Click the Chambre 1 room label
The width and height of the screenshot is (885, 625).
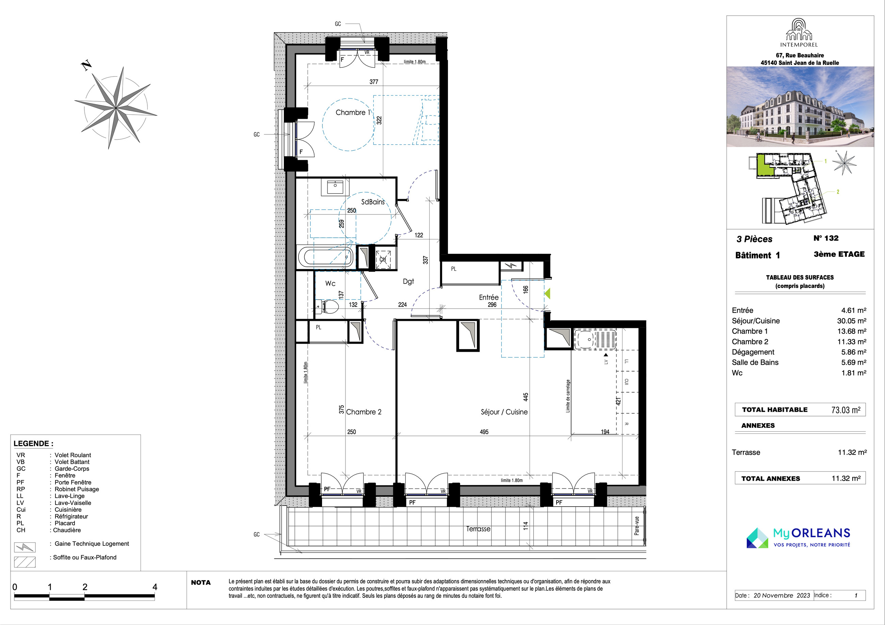click(353, 113)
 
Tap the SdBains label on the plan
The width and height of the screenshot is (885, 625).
click(373, 202)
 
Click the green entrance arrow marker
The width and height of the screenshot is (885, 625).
click(547, 294)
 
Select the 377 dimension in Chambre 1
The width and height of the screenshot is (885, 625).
click(374, 82)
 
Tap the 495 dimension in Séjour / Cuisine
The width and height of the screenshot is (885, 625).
click(484, 432)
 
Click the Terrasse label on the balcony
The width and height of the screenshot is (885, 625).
click(478, 529)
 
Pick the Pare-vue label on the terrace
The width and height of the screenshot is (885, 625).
click(637, 526)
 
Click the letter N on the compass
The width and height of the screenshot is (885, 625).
click(87, 66)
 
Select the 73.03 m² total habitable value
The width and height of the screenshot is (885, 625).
click(846, 410)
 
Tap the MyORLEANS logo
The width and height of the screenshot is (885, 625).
click(798, 537)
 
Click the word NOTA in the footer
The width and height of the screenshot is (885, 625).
click(201, 582)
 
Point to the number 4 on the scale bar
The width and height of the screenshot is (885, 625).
click(155, 587)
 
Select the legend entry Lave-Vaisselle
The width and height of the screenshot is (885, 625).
click(73, 503)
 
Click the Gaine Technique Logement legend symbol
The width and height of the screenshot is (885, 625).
click(25, 547)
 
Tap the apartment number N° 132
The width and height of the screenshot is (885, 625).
click(826, 238)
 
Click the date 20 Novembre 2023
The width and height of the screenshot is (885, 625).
click(782, 595)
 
